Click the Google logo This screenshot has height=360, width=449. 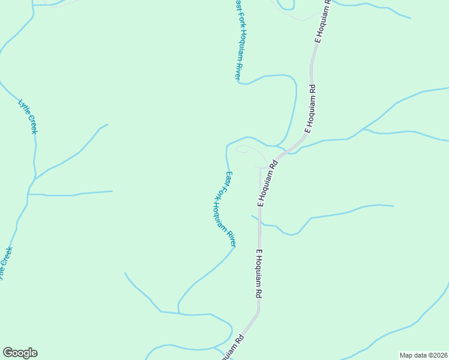(x=20, y=353)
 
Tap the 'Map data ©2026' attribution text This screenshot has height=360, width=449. (x=424, y=355)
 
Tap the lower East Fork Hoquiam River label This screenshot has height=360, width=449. (x=230, y=209)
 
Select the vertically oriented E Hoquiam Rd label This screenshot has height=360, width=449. (x=259, y=274)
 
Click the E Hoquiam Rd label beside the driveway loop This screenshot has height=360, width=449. (x=268, y=183)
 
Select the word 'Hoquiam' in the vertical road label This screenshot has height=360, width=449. (x=259, y=269)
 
